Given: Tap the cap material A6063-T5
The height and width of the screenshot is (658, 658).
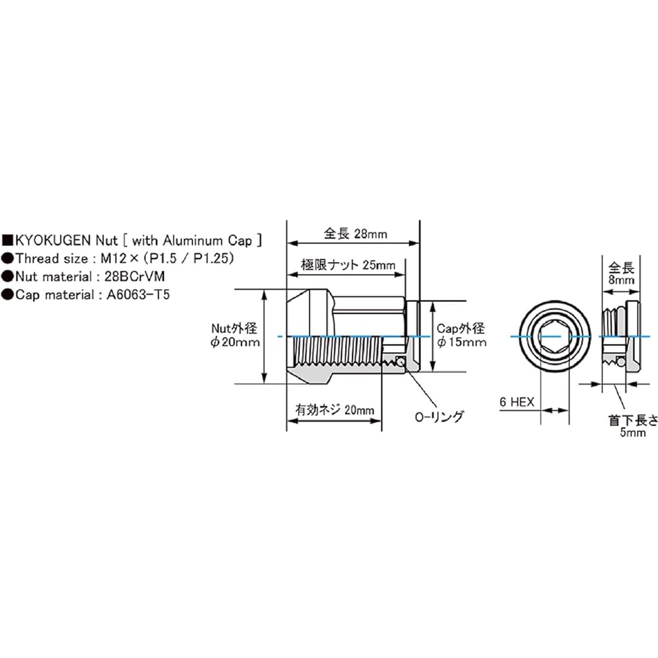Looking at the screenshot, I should click(138, 295).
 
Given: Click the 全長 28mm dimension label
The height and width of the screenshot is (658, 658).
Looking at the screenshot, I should click(355, 233).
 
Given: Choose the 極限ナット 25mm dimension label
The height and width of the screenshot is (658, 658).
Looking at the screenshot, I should click(348, 265).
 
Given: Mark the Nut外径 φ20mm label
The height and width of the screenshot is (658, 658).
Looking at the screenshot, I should click(235, 335).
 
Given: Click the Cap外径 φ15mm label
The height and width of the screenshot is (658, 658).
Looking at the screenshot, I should click(461, 335).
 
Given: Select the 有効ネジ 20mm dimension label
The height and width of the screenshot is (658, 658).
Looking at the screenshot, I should click(334, 409).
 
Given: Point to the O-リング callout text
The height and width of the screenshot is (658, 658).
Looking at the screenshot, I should click(439, 416).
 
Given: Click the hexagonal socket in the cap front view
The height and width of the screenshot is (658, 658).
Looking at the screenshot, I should click(553, 336).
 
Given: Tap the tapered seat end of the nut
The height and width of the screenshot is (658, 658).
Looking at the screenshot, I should click(294, 336).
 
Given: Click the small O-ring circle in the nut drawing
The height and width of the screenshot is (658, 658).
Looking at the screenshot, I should click(403, 361).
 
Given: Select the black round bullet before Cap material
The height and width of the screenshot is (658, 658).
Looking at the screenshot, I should click(7, 295).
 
